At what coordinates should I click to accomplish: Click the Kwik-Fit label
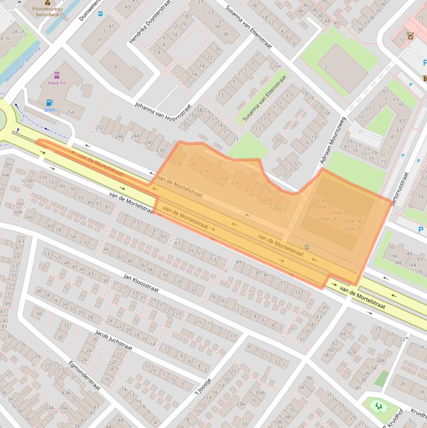(57, 83)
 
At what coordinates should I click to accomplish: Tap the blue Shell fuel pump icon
(50, 102)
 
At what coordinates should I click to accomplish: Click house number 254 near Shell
(70, 112)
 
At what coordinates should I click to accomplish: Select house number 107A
(26, 181)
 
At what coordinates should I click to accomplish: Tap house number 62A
(351, 352)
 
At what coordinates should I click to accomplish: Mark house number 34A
(380, 360)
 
